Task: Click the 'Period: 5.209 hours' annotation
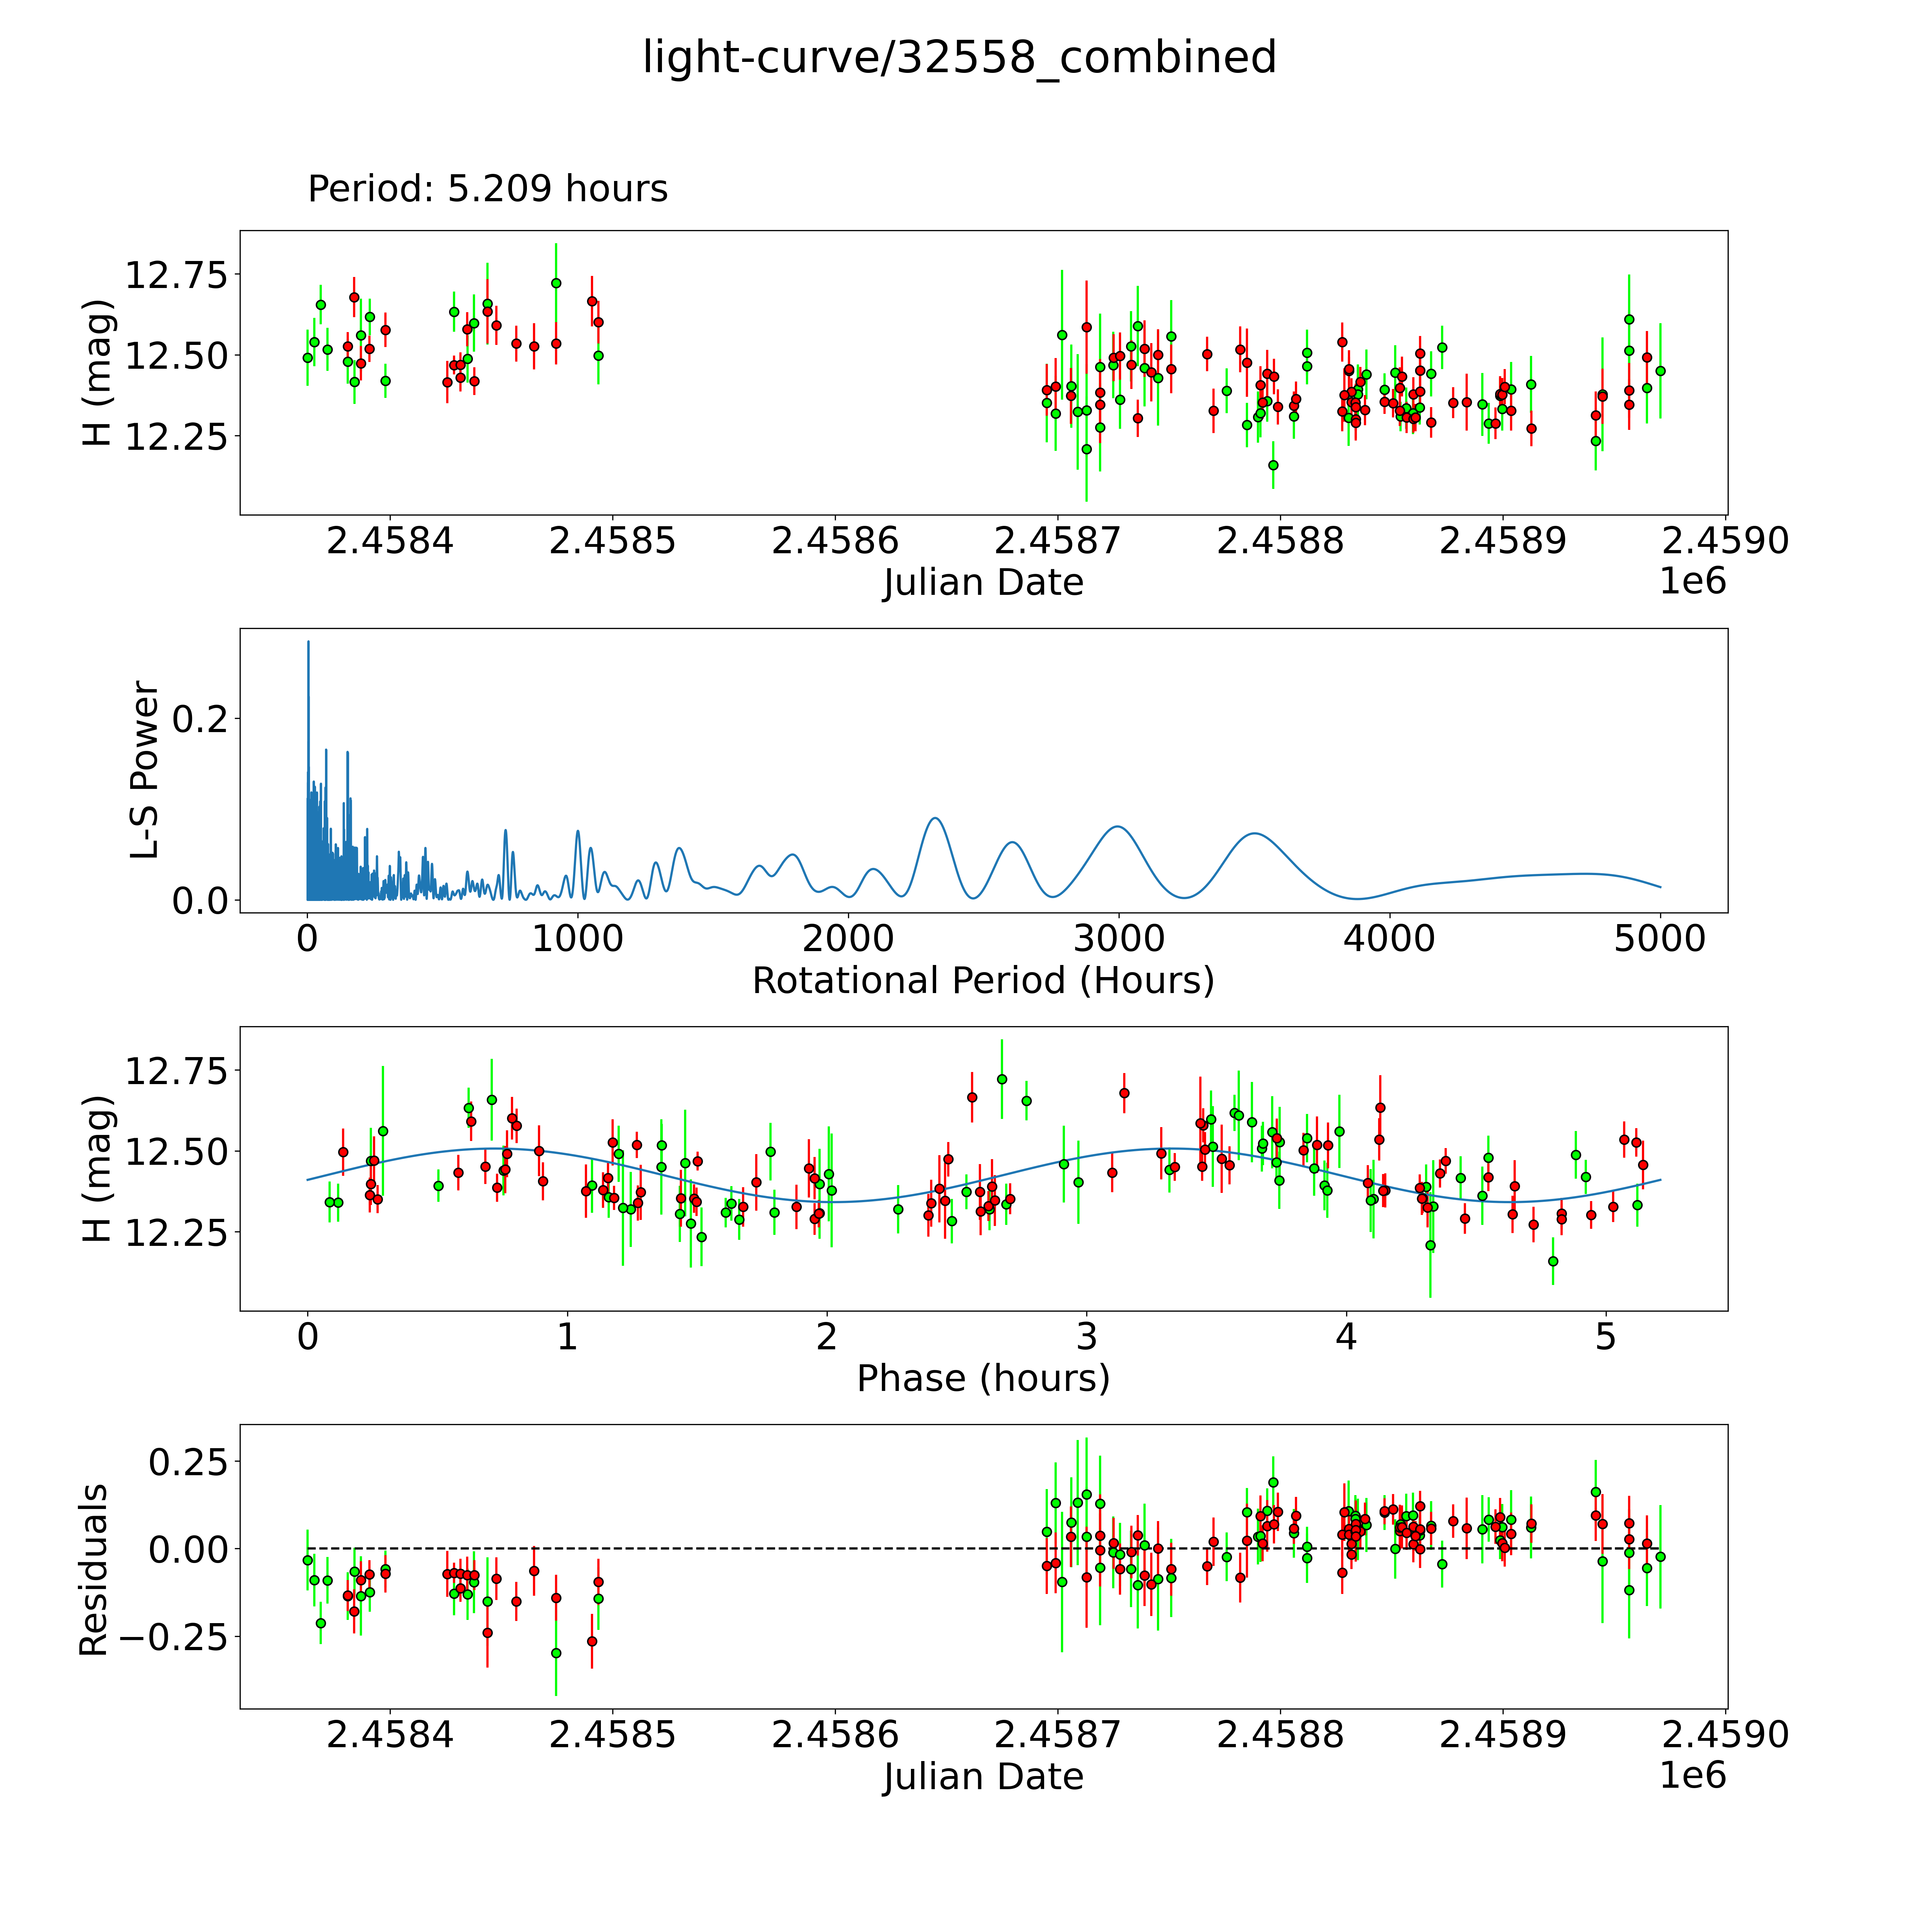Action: [x=487, y=189]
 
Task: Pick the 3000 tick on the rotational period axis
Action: [x=1119, y=939]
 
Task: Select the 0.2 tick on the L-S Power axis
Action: [x=199, y=719]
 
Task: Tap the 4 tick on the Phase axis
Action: [x=1345, y=1337]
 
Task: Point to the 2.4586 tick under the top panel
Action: [x=835, y=542]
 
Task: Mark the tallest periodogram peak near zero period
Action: [x=308, y=642]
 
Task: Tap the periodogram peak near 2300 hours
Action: [x=934, y=818]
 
